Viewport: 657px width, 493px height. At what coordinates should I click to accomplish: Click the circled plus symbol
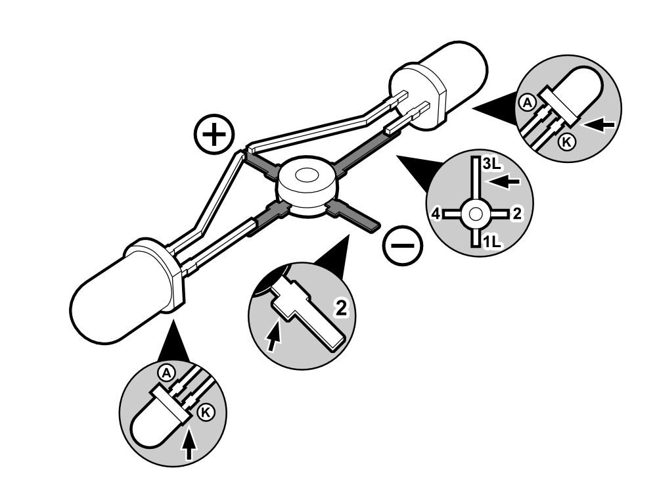pos(213,136)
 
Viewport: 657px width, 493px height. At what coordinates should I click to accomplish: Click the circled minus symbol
pos(403,246)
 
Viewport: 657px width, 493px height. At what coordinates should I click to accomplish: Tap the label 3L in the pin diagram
pos(491,166)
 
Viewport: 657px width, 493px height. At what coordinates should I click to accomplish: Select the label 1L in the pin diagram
pos(491,242)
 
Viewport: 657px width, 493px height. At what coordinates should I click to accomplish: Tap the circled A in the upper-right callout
pos(526,102)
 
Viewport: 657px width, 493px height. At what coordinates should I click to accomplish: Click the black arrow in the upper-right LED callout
pos(599,124)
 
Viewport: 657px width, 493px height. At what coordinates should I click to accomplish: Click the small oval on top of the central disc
pos(304,176)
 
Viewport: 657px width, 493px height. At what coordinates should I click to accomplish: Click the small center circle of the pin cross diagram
pos(475,213)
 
